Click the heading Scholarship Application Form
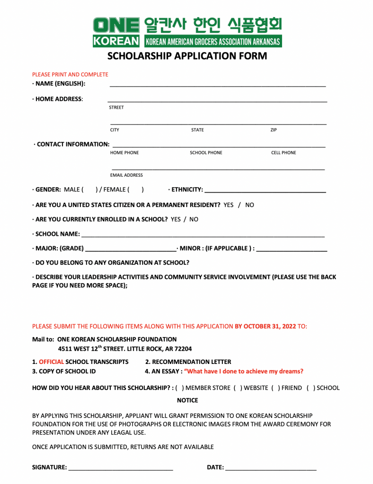pyautogui.click(x=187, y=56)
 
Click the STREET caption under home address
pyautogui.click(x=116, y=107)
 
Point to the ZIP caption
pyautogui.click(x=274, y=130)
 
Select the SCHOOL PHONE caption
pyautogui.click(x=206, y=153)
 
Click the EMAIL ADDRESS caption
pyautogui.click(x=126, y=175)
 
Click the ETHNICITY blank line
pyautogui.click(x=265, y=190)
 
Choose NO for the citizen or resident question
pyautogui.click(x=249, y=205)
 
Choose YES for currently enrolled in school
pyautogui.click(x=176, y=219)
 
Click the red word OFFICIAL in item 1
pyautogui.click(x=51, y=362)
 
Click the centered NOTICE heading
pyautogui.click(x=187, y=400)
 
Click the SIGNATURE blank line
pyautogui.click(x=121, y=468)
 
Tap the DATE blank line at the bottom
pyautogui.click(x=271, y=468)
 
